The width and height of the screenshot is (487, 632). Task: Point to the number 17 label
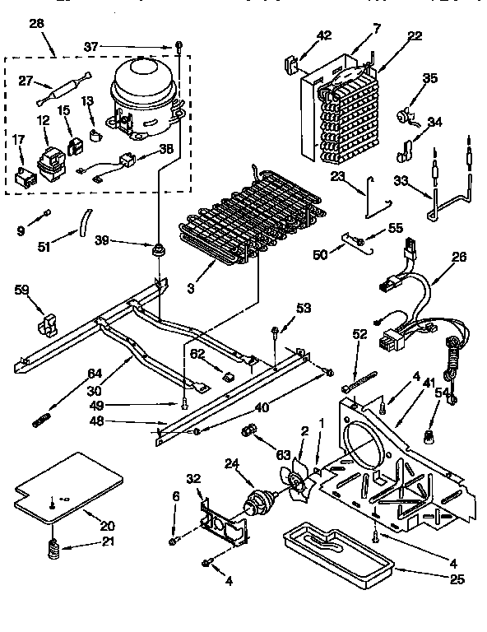(18, 141)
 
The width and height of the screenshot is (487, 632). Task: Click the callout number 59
(23, 290)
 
